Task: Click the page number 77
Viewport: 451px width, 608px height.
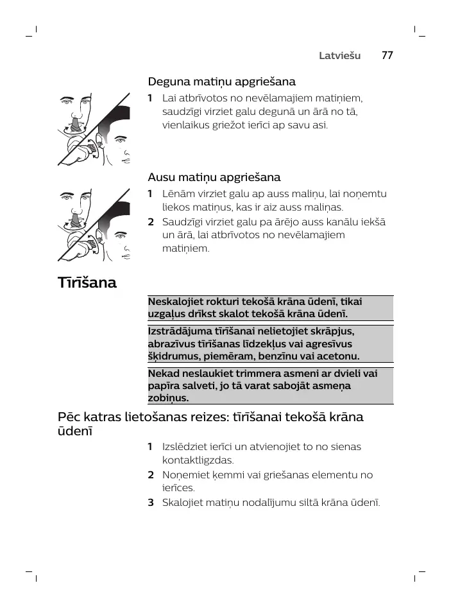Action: [x=386, y=55]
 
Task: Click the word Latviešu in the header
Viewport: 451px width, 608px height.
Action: [x=341, y=56]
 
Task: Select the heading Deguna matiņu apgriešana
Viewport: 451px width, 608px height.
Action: [x=221, y=82]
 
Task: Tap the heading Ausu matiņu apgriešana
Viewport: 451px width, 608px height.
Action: [x=214, y=177]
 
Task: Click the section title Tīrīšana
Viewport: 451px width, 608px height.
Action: [x=87, y=282]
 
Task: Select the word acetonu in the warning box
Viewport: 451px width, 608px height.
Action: [x=340, y=356]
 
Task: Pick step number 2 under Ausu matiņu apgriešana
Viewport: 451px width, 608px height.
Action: [x=151, y=222]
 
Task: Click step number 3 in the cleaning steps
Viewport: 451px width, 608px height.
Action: [x=151, y=503]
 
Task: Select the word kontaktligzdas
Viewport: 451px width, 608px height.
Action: [x=198, y=460]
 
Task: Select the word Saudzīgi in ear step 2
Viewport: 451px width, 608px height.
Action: [x=183, y=222]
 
